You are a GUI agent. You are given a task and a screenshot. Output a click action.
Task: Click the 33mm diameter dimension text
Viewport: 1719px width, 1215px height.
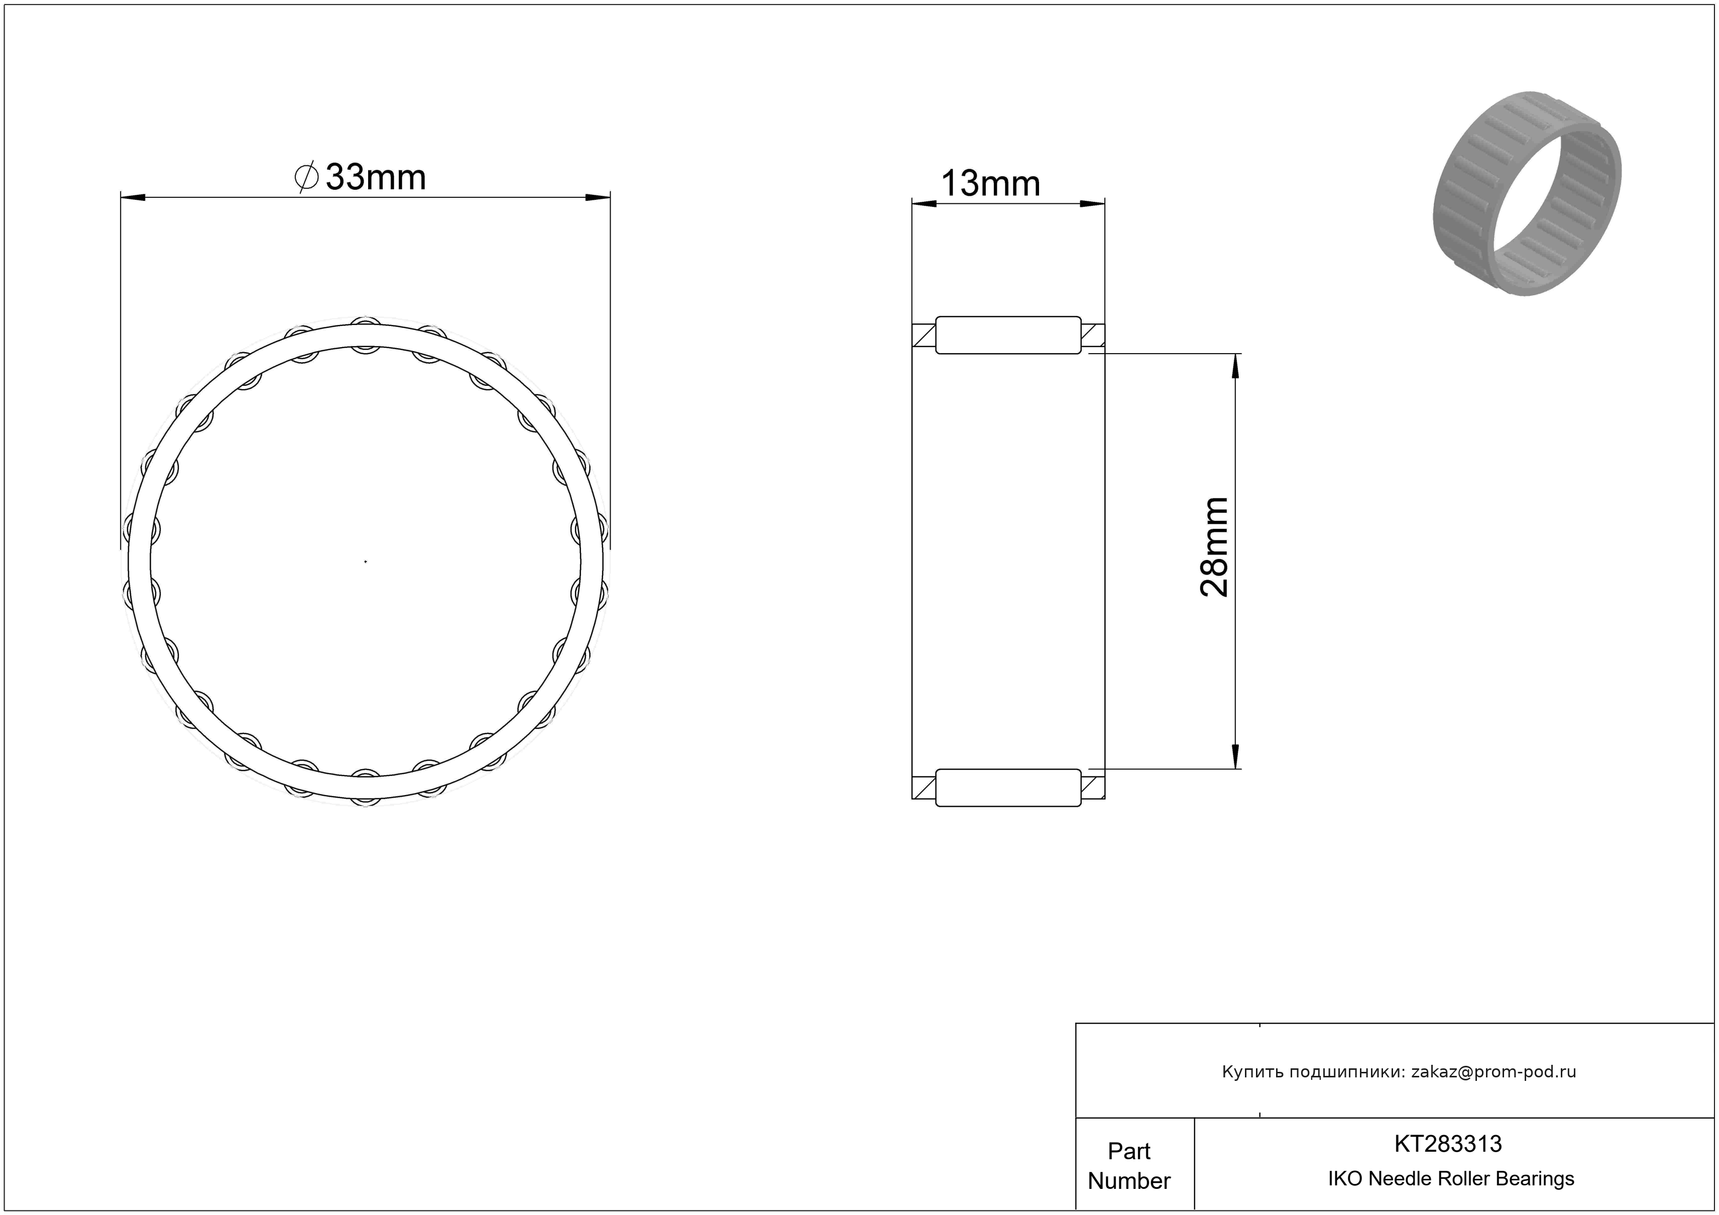pyautogui.click(x=376, y=177)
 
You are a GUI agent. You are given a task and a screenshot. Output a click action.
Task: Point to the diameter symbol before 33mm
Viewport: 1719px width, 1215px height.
pyautogui.click(x=306, y=177)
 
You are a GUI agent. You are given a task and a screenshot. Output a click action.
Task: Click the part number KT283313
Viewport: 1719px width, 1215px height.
pyautogui.click(x=1448, y=1144)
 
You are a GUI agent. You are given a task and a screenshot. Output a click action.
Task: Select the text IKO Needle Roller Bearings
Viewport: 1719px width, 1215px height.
pyautogui.click(x=1451, y=1179)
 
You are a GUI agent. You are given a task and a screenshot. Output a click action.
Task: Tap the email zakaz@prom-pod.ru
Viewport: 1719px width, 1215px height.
pyautogui.click(x=1494, y=1072)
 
